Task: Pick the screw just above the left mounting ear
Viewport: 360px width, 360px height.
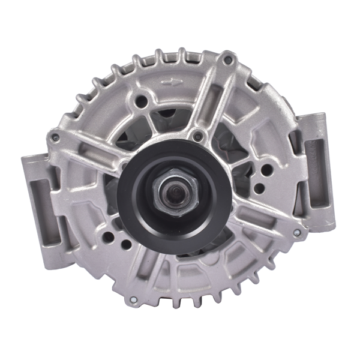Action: (x=55, y=138)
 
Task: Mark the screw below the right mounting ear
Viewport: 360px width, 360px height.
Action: (x=295, y=232)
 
